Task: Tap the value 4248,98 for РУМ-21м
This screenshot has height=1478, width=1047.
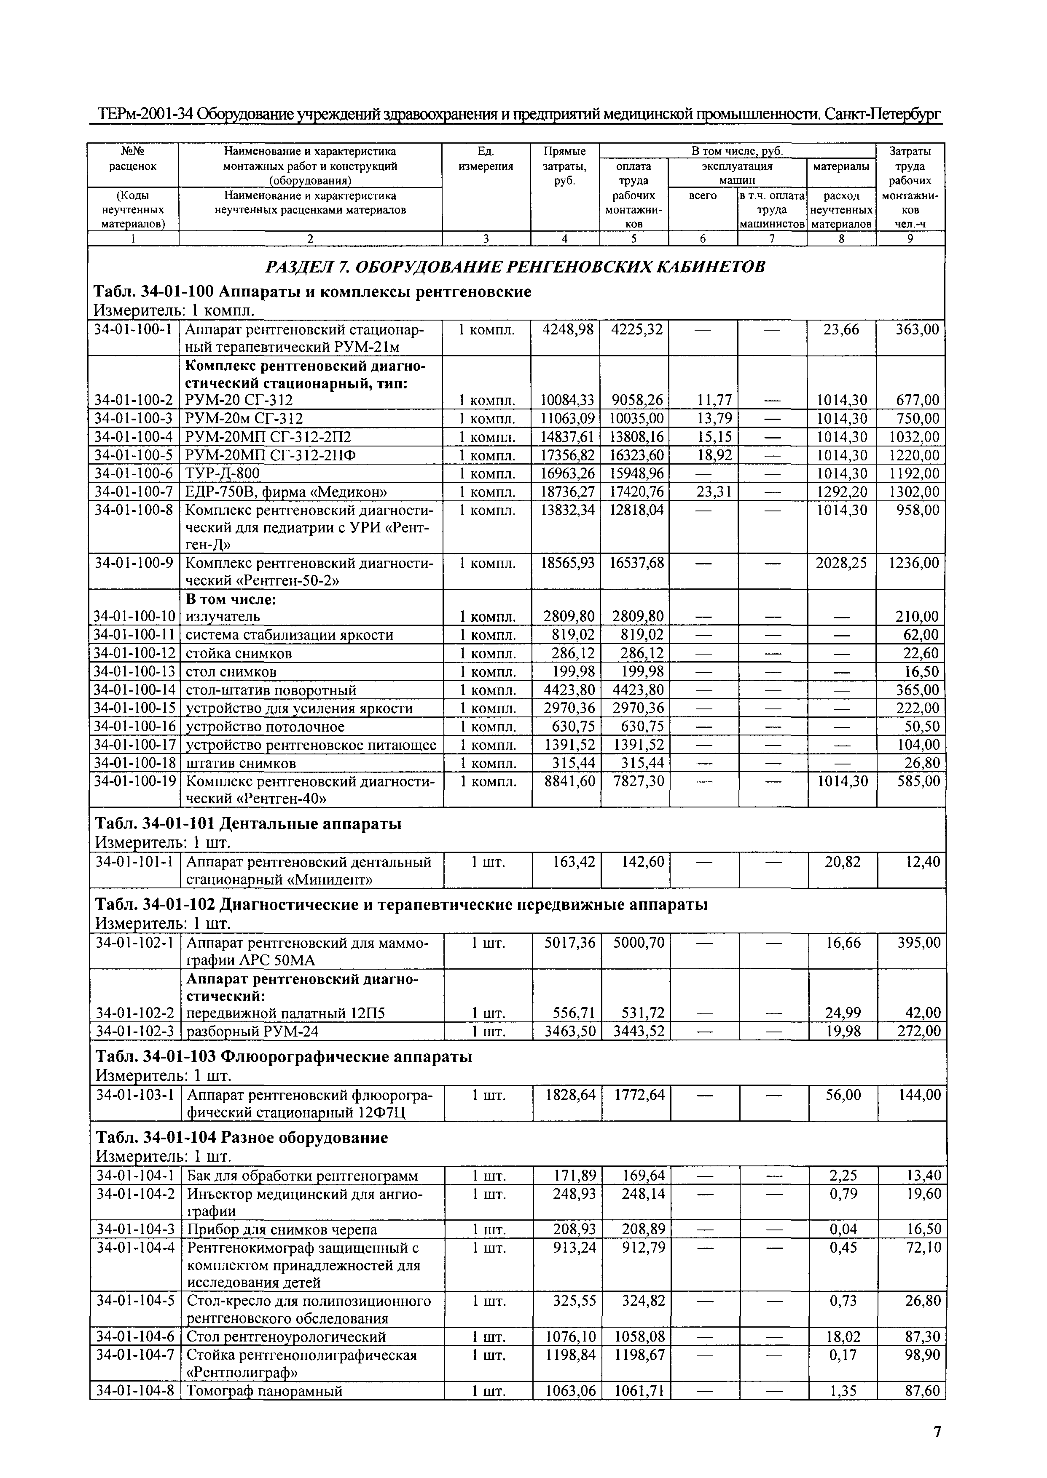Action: (x=565, y=330)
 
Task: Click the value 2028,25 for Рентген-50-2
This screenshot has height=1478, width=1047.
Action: (x=841, y=563)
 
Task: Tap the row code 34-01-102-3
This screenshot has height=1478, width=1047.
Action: (x=135, y=1032)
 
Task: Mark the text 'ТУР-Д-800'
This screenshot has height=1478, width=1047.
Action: (x=223, y=473)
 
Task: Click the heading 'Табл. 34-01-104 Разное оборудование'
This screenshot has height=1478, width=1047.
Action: (x=242, y=1137)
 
